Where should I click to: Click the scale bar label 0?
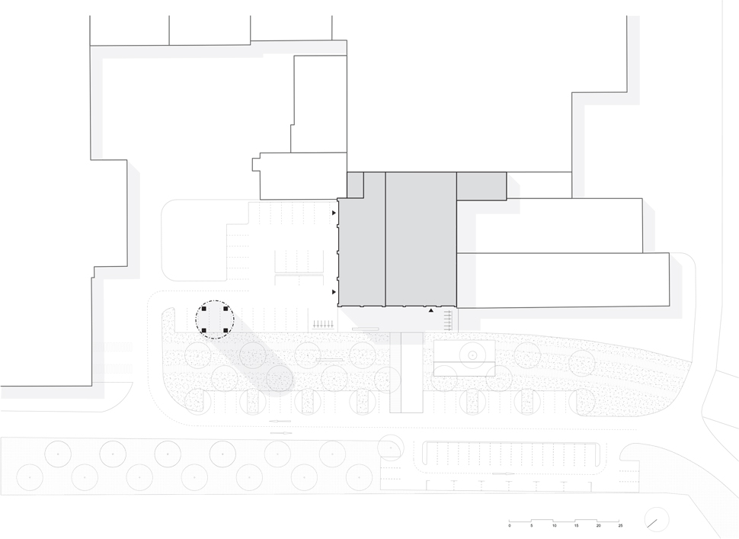[510, 525]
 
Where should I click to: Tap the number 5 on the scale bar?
[532, 525]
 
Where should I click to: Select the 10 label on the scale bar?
[555, 525]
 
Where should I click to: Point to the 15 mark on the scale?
[577, 525]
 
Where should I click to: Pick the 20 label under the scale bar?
[599, 525]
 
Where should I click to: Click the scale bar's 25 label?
[621, 525]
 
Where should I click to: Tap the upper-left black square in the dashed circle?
[204, 309]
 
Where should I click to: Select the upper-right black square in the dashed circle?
[226, 309]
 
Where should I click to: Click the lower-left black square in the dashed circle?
[204, 331]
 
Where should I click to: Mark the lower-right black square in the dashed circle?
[226, 331]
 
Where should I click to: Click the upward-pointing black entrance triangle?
[430, 310]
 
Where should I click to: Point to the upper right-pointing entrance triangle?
[334, 213]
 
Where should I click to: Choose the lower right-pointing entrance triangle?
[334, 292]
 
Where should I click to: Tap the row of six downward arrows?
[323, 324]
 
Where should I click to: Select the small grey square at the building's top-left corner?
[355, 185]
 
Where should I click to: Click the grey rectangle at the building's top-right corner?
[481, 186]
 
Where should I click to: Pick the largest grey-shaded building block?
[421, 239]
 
